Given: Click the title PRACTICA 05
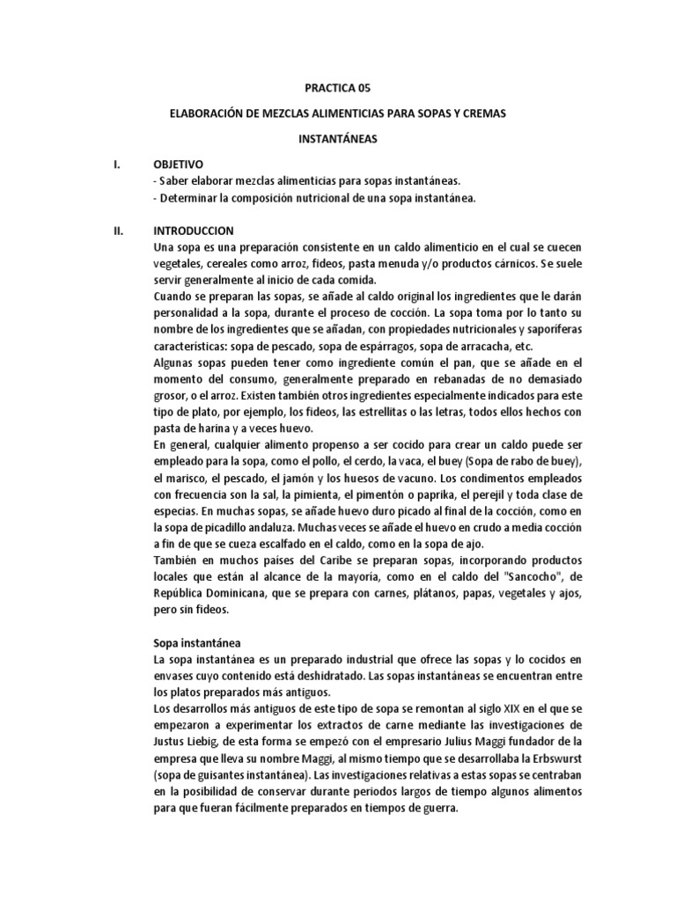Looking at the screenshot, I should (x=337, y=88).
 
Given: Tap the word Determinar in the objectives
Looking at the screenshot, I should (x=187, y=197).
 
